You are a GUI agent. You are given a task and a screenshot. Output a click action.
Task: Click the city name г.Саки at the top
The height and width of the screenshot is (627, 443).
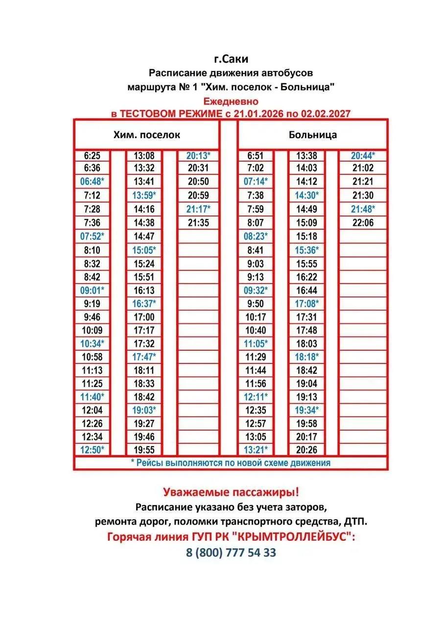231,59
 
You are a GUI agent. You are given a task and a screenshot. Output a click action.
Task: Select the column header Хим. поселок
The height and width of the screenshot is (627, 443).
146,135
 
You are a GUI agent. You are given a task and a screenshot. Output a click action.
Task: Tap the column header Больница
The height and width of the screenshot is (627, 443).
313,135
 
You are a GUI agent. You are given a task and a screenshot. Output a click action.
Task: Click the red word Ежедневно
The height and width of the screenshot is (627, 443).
231,102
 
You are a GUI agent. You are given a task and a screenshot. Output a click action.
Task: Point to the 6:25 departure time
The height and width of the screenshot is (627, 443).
92,156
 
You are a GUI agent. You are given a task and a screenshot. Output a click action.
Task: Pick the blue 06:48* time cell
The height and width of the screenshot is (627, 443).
92,181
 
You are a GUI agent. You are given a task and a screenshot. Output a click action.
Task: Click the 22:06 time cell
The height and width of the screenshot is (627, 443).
363,222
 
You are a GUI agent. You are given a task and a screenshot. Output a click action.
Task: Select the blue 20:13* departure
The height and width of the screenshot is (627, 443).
198,156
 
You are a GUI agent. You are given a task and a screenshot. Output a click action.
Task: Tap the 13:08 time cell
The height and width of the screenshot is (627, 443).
144,156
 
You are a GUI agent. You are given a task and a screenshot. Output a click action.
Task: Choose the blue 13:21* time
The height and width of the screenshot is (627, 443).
256,450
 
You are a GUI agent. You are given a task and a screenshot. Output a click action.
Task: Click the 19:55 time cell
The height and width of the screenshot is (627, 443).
144,450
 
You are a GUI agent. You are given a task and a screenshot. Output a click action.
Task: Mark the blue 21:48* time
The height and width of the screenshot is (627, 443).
363,209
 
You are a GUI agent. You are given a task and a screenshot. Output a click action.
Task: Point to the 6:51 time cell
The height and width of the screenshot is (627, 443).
256,156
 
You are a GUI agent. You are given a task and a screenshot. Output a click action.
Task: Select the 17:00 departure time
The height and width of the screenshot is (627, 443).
144,317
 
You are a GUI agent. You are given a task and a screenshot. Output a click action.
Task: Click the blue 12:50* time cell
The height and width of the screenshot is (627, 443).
92,450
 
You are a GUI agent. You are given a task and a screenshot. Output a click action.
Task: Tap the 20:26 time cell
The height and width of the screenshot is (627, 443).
307,450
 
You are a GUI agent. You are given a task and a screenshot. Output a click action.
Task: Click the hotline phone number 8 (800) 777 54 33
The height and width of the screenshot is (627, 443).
231,553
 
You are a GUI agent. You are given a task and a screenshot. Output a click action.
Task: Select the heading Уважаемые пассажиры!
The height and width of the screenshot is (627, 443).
231,491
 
